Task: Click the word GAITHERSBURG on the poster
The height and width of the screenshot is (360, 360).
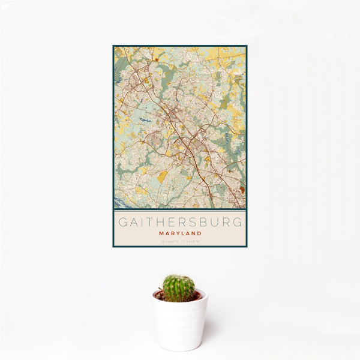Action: [x=180, y=222]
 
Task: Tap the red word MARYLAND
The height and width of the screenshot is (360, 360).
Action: [x=180, y=233]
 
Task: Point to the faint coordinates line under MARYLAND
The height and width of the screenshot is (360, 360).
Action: [x=180, y=241]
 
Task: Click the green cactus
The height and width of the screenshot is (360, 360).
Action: [x=179, y=287]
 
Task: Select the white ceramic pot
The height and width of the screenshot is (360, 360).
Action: [x=179, y=324]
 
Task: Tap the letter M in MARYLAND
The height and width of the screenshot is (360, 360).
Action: [x=161, y=233]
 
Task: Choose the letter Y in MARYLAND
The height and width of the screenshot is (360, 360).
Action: [x=178, y=233]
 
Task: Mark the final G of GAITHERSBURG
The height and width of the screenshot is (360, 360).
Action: [x=238, y=222]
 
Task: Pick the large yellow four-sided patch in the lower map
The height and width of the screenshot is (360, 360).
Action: [x=163, y=176]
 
